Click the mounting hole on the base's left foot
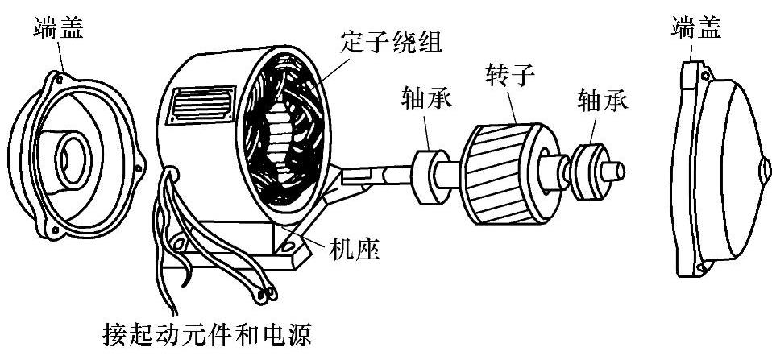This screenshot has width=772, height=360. [x=179, y=241]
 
